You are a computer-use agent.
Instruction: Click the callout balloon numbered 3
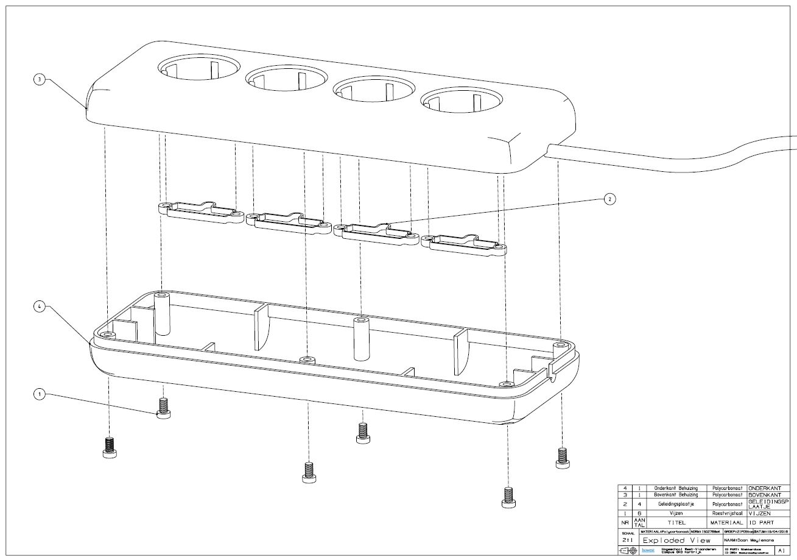point(39,80)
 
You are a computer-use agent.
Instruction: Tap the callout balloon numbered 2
point(609,199)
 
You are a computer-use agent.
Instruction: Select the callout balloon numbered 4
point(39,308)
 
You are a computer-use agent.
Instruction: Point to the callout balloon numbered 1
point(39,394)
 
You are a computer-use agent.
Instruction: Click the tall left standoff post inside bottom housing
point(162,314)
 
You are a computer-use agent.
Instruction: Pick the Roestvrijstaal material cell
point(724,514)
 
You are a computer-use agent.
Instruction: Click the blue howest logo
point(648,551)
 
